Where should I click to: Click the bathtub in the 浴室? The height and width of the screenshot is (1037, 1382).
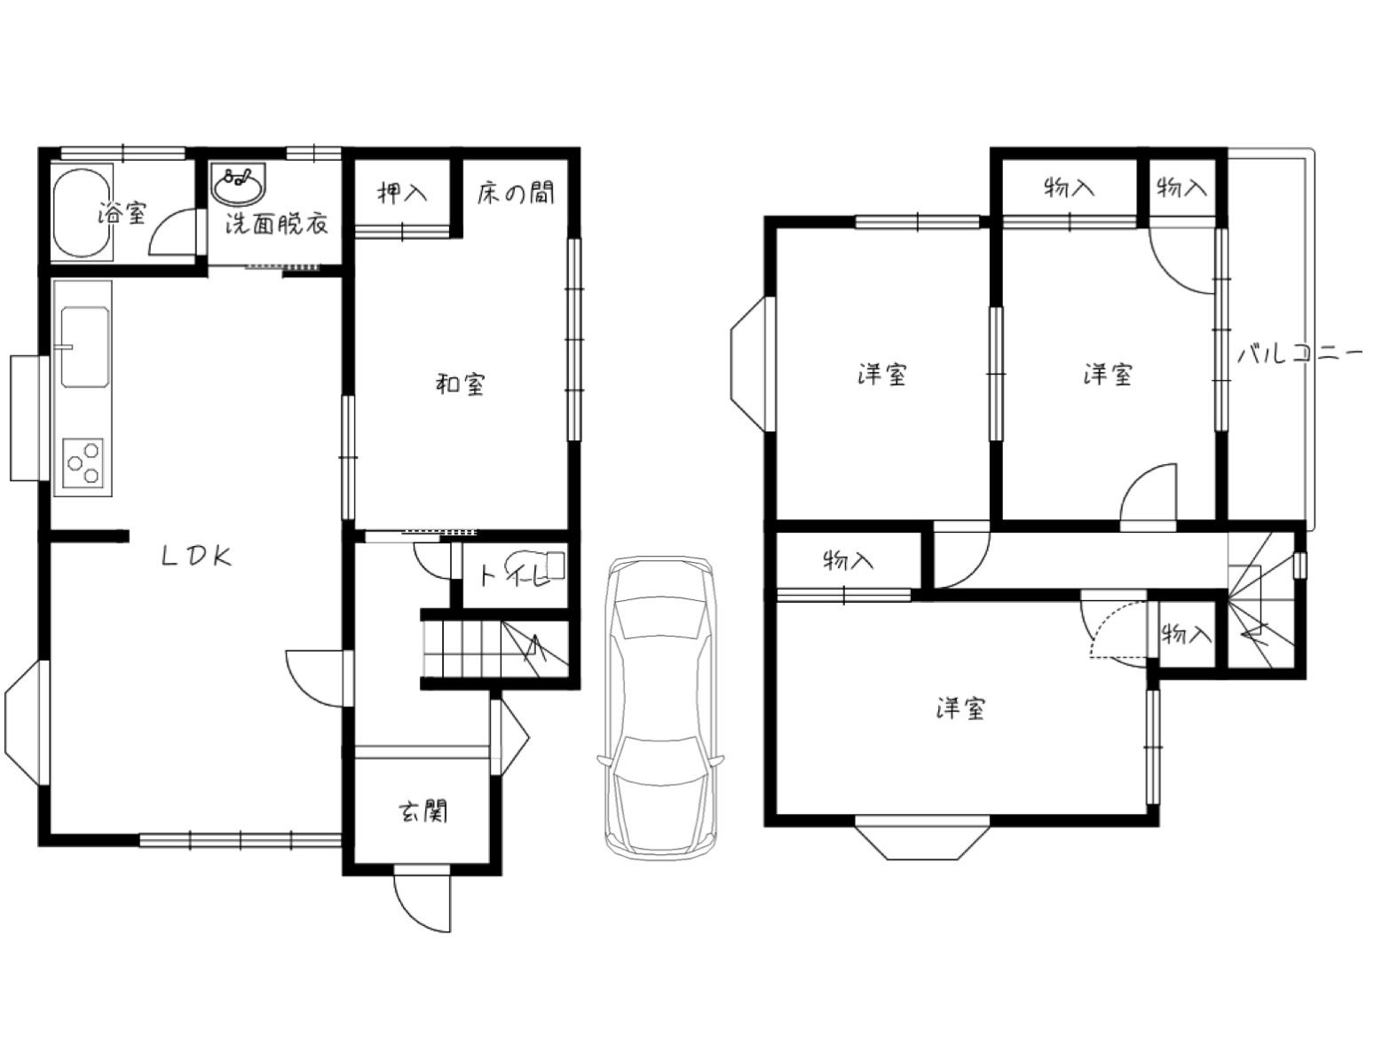(82, 213)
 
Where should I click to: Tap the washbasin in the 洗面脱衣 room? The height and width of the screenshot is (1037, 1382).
(239, 184)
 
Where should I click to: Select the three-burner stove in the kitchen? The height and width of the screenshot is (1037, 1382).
(83, 463)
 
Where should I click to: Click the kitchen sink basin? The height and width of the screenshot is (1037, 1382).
(84, 347)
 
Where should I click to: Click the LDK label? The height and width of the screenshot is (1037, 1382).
(197, 557)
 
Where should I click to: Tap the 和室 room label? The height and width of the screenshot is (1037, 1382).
(461, 384)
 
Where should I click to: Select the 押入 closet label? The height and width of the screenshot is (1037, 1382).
(402, 193)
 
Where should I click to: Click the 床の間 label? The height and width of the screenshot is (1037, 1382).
(516, 193)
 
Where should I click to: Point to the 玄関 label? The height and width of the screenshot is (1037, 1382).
(423, 811)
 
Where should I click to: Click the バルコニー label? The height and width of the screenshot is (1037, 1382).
(1299, 353)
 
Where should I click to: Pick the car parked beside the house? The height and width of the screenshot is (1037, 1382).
(659, 706)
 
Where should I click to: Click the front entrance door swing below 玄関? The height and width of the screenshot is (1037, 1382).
(422, 902)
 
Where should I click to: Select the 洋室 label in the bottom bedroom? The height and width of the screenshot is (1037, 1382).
(960, 708)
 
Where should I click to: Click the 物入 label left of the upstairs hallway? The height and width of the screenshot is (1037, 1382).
(848, 559)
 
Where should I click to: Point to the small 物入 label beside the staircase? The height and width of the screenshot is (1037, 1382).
(1186, 634)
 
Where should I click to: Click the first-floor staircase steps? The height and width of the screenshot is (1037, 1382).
(496, 648)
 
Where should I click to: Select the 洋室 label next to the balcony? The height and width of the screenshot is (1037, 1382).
(1108, 374)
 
